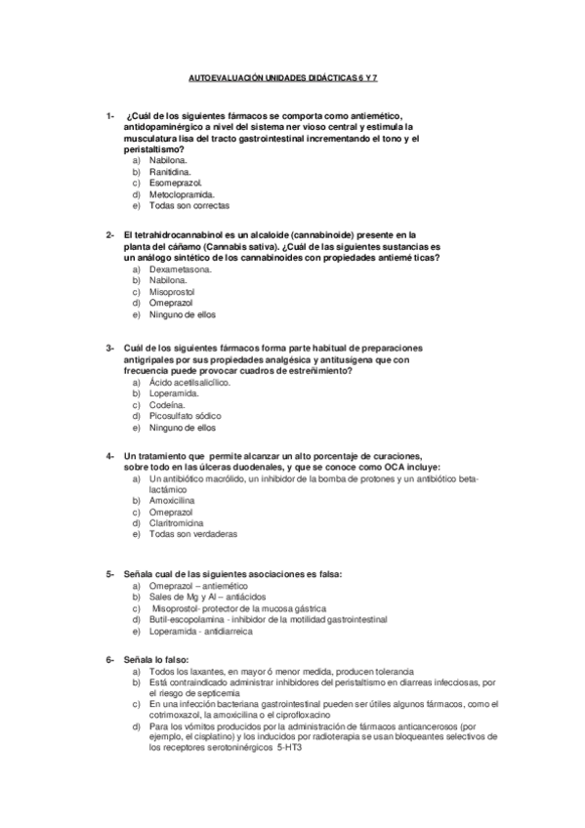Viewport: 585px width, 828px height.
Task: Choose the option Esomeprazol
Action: point(175,183)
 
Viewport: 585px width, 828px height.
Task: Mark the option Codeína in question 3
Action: point(168,404)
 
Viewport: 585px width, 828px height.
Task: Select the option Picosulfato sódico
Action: point(186,416)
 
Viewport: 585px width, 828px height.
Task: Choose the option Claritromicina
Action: point(181,522)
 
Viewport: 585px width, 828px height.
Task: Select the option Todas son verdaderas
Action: point(193,534)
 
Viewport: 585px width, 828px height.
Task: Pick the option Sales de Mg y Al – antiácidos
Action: point(202,597)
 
